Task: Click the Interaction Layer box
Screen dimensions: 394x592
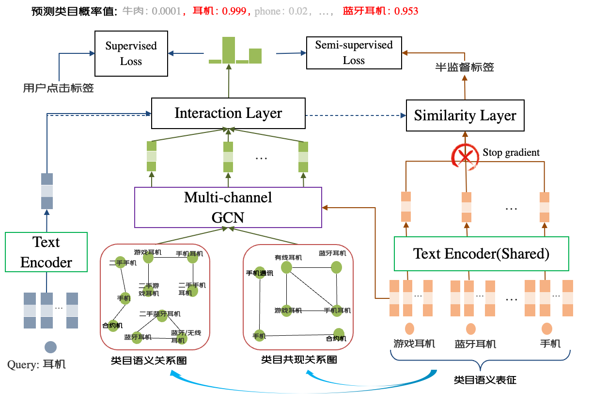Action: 228,114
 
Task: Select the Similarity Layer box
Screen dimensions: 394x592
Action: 465,116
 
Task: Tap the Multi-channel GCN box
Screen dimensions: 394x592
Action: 228,207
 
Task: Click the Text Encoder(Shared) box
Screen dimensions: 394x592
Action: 481,254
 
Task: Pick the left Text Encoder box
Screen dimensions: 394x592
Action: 46,252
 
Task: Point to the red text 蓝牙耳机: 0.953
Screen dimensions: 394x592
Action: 380,11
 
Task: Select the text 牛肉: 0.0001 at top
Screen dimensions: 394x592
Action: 152,11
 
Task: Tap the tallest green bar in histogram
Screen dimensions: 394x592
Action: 229,50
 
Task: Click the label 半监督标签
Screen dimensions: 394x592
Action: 465,67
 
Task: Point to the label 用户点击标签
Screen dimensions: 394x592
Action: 58,88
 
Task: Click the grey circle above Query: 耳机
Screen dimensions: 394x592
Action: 50,347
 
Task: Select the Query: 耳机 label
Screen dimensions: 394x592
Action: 37,364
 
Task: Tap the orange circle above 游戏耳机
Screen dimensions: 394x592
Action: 410,328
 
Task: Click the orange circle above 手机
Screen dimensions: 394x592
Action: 547,329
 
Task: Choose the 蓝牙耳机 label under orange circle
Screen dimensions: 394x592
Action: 475,344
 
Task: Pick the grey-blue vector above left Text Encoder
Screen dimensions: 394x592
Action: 47,191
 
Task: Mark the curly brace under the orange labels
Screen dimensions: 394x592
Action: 481,362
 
